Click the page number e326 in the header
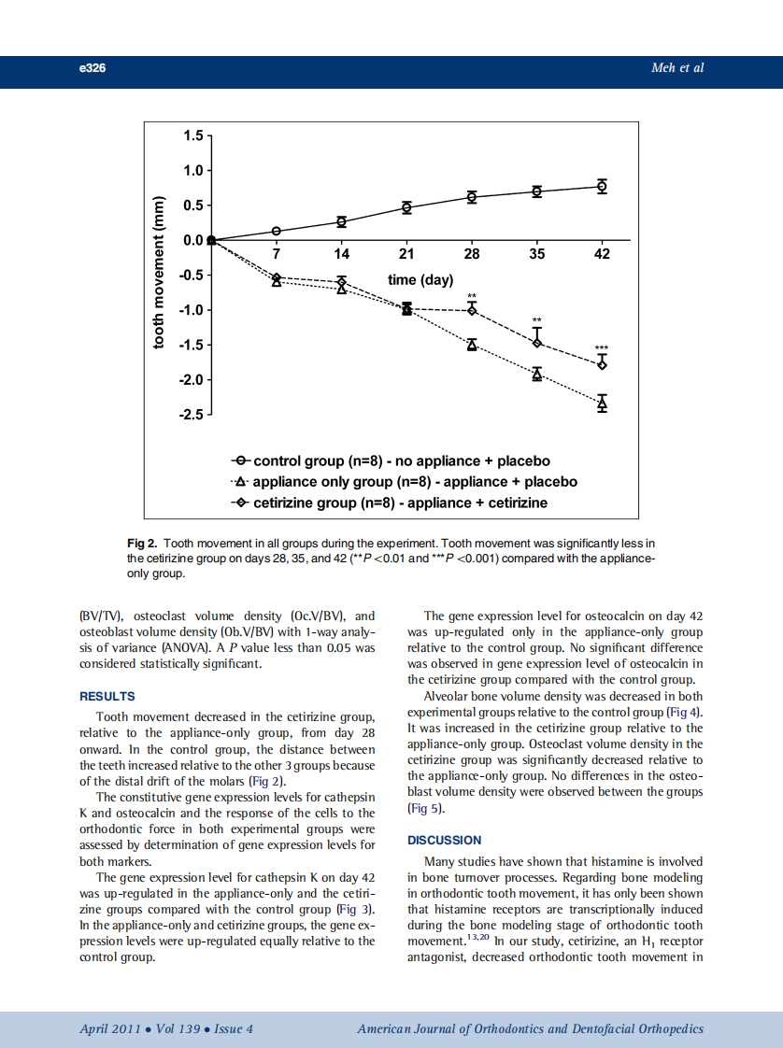pyautogui.click(x=93, y=68)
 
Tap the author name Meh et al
pyautogui.click(x=676, y=68)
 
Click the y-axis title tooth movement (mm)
pyautogui.click(x=160, y=275)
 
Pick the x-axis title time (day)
pyautogui.click(x=420, y=280)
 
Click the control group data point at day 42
pyautogui.click(x=602, y=186)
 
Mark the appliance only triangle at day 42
pyautogui.click(x=602, y=404)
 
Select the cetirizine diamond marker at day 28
pyautogui.click(x=472, y=309)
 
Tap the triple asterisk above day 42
pyautogui.click(x=602, y=347)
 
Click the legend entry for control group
pyautogui.click(x=391, y=461)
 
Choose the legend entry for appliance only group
pyautogui.click(x=405, y=482)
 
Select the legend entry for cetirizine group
pyautogui.click(x=390, y=503)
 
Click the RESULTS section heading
pyautogui.click(x=107, y=697)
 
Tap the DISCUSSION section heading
pyautogui.click(x=445, y=841)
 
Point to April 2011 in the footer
pyautogui.click(x=109, y=1029)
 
